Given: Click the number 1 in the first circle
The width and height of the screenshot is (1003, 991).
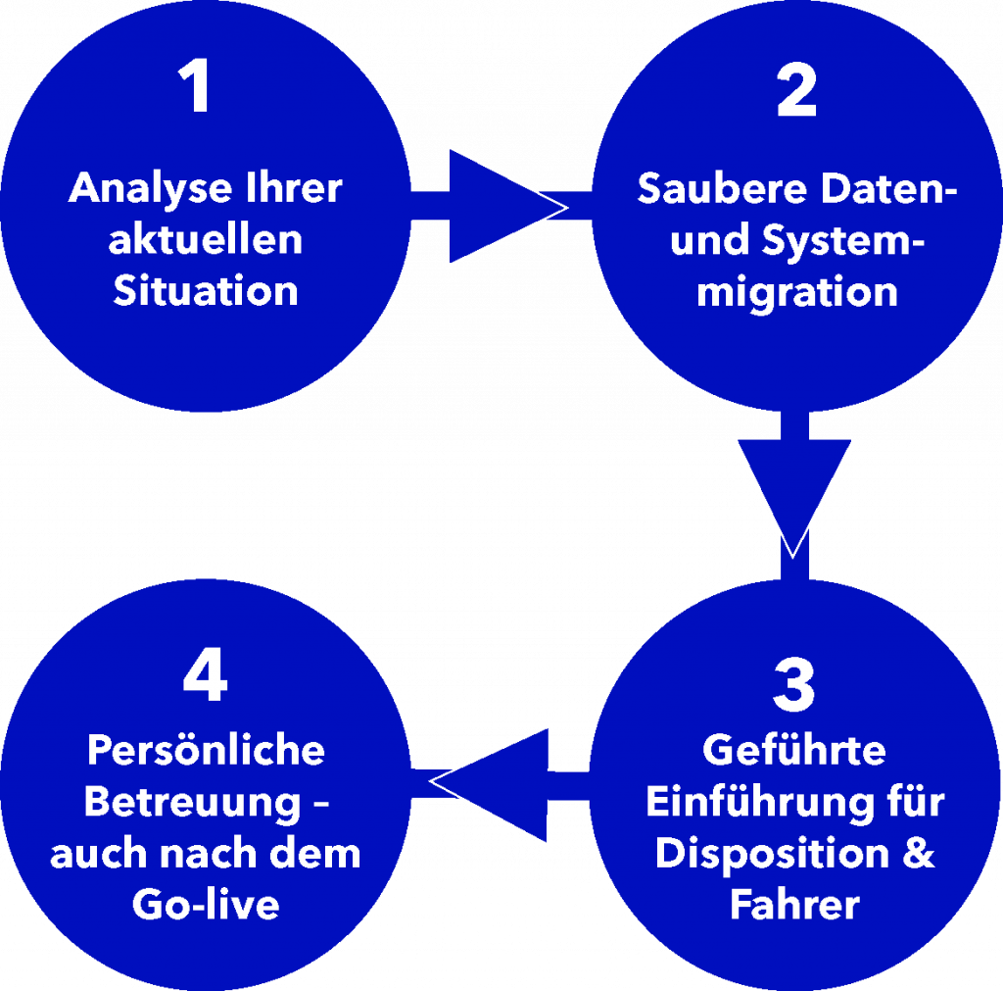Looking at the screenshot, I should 199,87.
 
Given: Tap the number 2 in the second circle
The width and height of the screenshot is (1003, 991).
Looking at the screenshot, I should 796,92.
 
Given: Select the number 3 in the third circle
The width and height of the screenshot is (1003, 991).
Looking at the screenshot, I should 793,685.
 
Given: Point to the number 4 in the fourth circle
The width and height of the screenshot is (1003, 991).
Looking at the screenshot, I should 205,677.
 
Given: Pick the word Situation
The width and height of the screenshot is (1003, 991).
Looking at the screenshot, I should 206,291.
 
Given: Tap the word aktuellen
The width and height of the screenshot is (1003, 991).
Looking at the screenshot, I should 206,240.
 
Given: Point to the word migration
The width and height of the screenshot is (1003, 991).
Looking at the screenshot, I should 796,292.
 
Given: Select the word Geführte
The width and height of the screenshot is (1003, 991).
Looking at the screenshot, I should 794,751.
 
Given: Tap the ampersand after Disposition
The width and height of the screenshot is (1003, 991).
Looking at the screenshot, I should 919,853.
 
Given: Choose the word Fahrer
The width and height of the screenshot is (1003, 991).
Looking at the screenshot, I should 794,904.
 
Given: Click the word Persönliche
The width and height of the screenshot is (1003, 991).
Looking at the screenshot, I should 206,751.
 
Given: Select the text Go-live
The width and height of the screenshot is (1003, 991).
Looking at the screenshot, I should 206,904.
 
